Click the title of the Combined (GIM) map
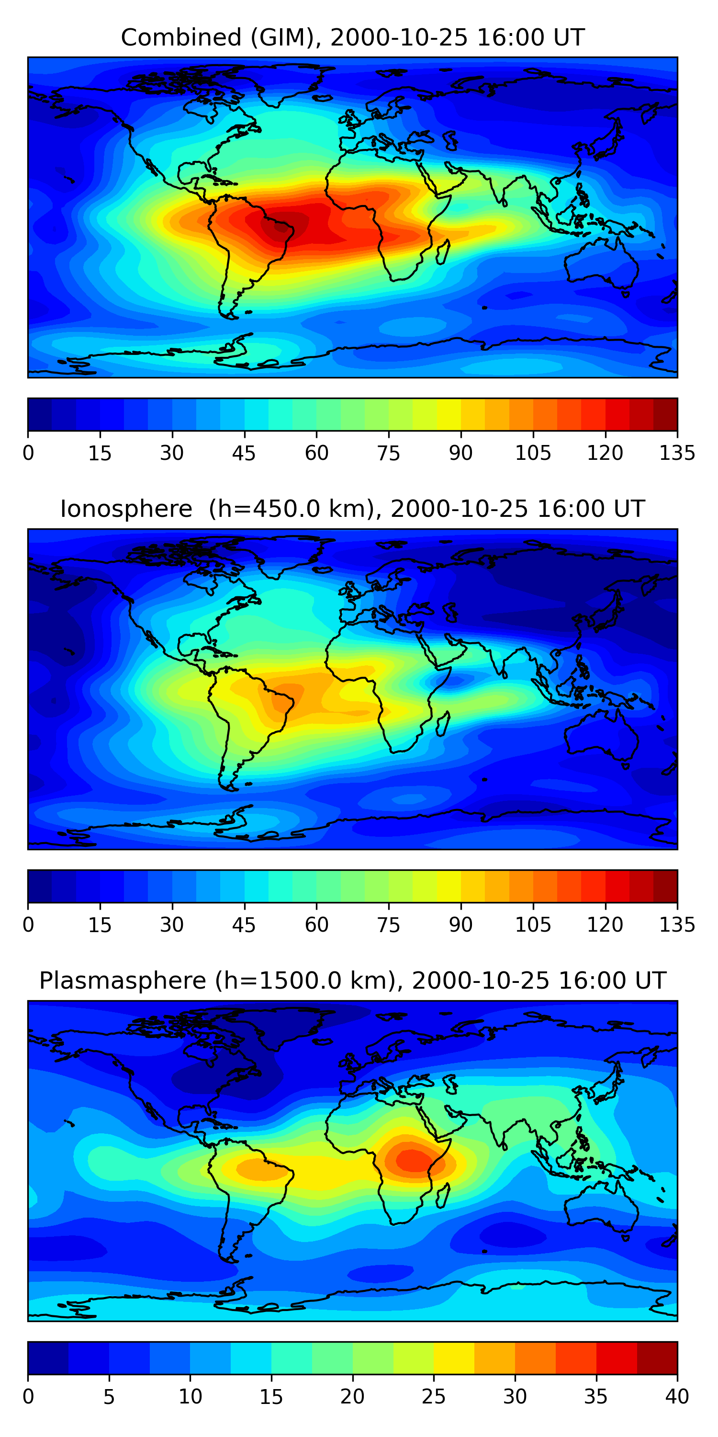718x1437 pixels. (x=352, y=37)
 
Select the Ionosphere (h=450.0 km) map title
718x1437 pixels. (x=352, y=509)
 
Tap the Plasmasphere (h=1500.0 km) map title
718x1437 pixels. (x=352, y=980)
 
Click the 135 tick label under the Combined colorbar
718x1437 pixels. (x=677, y=453)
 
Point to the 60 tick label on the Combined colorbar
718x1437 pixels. (x=316, y=453)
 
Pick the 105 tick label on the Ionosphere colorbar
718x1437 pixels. (x=532, y=924)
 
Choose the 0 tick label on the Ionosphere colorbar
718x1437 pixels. (x=28, y=924)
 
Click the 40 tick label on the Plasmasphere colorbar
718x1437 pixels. (x=677, y=1396)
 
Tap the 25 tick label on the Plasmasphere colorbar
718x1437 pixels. (x=433, y=1396)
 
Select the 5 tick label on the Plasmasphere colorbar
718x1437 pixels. (x=109, y=1396)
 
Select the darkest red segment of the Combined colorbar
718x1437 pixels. (x=665, y=414)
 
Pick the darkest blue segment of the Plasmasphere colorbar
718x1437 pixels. (x=48, y=1358)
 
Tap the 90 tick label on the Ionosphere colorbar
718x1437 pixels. (x=460, y=924)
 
